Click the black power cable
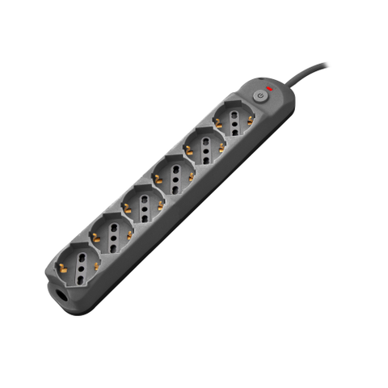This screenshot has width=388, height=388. click(x=315, y=70)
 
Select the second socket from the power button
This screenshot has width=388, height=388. click(x=205, y=148)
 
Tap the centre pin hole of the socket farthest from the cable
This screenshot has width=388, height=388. click(x=79, y=264)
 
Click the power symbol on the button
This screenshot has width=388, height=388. click(x=259, y=95)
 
